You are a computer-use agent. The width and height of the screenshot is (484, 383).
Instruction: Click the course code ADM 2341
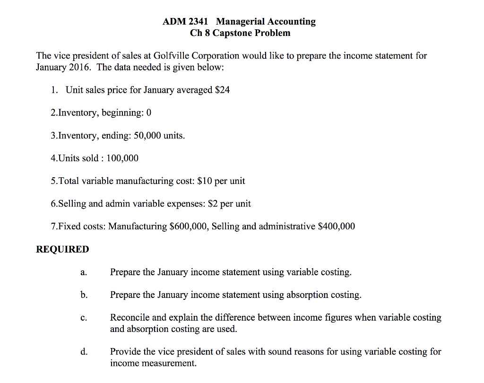[185, 22]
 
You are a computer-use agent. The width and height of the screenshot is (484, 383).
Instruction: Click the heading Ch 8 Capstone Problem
[240, 33]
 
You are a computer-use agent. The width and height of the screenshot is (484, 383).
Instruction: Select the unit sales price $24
[222, 90]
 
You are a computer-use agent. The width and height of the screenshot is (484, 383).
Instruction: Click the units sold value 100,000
[122, 158]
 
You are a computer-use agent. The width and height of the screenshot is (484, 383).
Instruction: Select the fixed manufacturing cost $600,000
[189, 226]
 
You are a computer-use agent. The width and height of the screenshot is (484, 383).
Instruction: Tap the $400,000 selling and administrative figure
[337, 226]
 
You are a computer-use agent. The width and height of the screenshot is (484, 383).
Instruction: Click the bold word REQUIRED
[62, 250]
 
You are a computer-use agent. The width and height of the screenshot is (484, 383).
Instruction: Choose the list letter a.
[83, 273]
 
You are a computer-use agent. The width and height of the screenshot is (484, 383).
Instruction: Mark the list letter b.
[84, 295]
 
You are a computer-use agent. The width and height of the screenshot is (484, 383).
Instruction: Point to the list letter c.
[83, 318]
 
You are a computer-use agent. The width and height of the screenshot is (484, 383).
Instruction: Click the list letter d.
[84, 352]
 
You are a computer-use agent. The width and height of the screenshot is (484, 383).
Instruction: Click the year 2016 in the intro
[78, 67]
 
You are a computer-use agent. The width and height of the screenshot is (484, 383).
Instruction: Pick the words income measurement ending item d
[153, 363]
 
